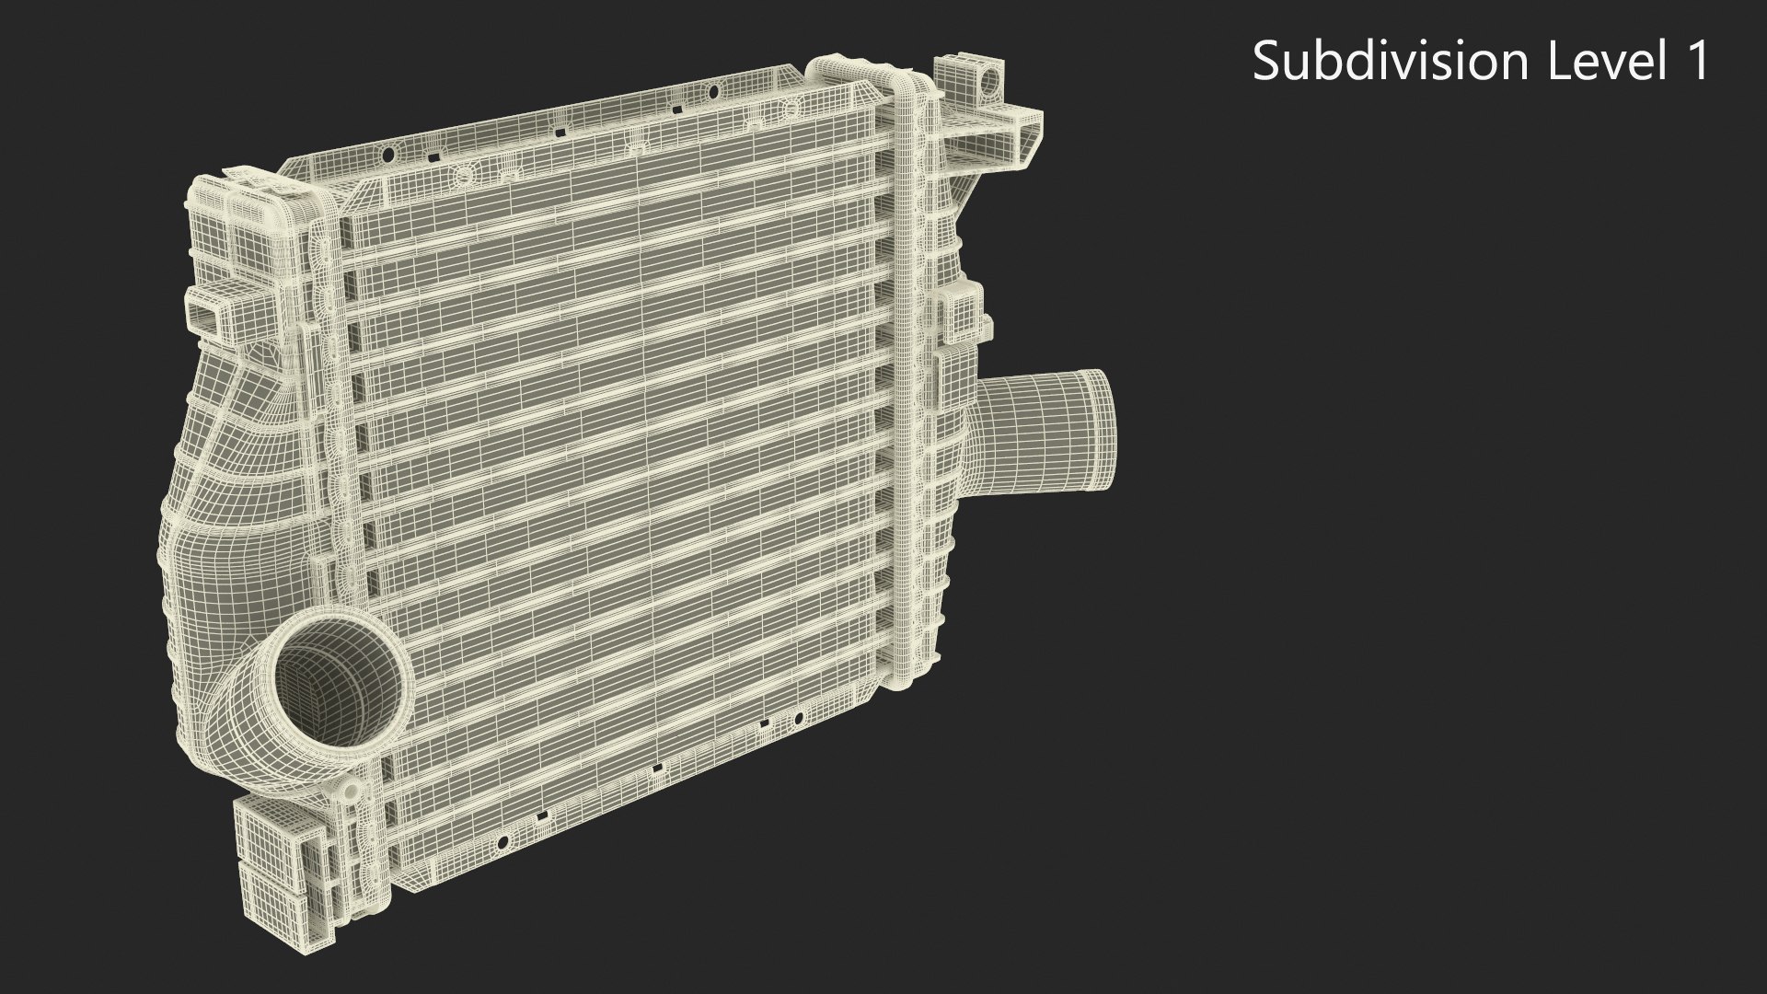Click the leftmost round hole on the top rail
click(388, 154)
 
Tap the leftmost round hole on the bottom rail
click(502, 841)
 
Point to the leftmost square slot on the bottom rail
click(543, 815)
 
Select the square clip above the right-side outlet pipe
click(957, 313)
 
